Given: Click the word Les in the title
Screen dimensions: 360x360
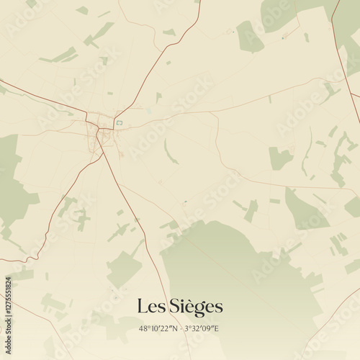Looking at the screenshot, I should (x=150, y=307).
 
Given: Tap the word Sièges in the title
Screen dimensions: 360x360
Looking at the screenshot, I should (x=196, y=307).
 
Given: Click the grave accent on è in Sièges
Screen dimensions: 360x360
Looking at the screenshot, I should (x=189, y=300).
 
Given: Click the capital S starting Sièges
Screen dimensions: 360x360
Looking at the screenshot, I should (x=175, y=307).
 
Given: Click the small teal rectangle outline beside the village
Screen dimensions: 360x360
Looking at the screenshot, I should (x=120, y=123).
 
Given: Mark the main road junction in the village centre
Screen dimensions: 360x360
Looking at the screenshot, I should (x=98, y=129).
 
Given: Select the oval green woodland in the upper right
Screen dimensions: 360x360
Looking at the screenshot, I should (x=250, y=36).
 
